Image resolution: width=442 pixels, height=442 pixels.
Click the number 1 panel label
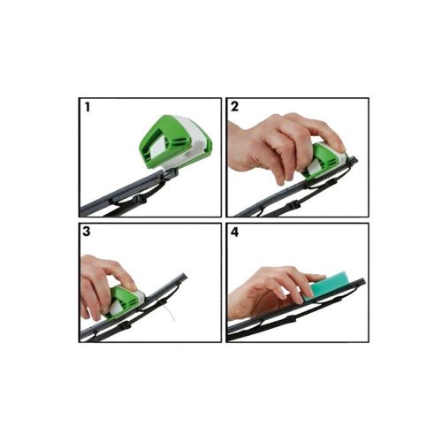[x=87, y=107]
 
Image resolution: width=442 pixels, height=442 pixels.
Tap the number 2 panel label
[x=234, y=107]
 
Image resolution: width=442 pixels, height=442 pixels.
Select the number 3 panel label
[x=87, y=232]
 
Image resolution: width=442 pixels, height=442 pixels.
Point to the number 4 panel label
[x=235, y=232]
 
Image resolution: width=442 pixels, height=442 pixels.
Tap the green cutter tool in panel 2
[x=324, y=161]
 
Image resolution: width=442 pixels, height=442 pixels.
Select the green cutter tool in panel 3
[x=126, y=301]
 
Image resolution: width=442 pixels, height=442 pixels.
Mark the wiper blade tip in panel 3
[x=185, y=276]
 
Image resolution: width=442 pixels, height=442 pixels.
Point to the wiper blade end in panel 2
[x=355, y=160]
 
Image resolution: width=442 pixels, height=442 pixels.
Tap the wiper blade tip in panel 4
[x=363, y=281]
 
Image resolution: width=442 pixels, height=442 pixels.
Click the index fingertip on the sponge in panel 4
[x=321, y=277]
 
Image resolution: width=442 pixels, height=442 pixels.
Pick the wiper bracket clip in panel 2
[x=293, y=204]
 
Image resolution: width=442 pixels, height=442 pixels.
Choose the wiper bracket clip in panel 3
[x=125, y=325]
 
